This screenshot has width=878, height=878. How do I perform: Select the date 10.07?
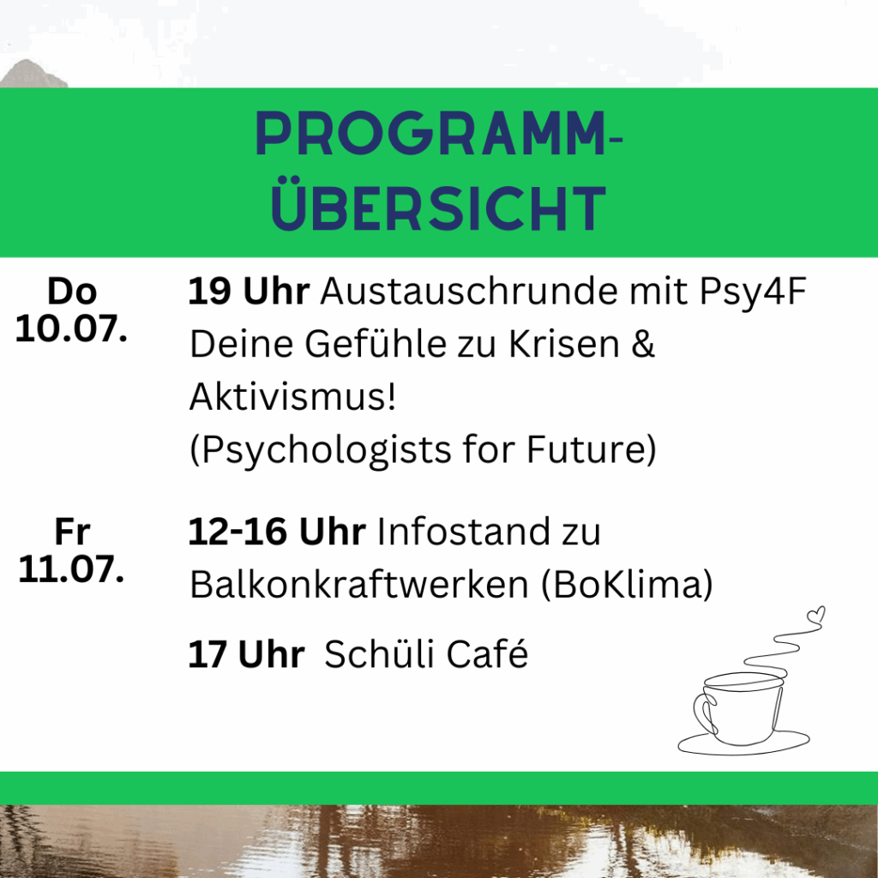tap(71, 328)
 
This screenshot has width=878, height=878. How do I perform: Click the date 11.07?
tap(71, 569)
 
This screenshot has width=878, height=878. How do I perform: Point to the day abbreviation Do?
tap(72, 292)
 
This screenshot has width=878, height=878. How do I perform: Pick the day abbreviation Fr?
tap(72, 532)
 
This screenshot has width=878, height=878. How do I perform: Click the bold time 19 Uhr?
tap(249, 292)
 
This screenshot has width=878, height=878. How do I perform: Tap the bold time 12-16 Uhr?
tap(277, 532)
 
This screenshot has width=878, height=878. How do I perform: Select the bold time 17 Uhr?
tap(246, 653)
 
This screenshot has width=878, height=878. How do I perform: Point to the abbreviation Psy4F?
tap(753, 292)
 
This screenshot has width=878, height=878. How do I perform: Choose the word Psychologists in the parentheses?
tap(322, 449)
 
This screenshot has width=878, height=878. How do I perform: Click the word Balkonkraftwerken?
tap(359, 584)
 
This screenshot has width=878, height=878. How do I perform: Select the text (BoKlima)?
tap(627, 585)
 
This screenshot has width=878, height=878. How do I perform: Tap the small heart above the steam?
tap(816, 614)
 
